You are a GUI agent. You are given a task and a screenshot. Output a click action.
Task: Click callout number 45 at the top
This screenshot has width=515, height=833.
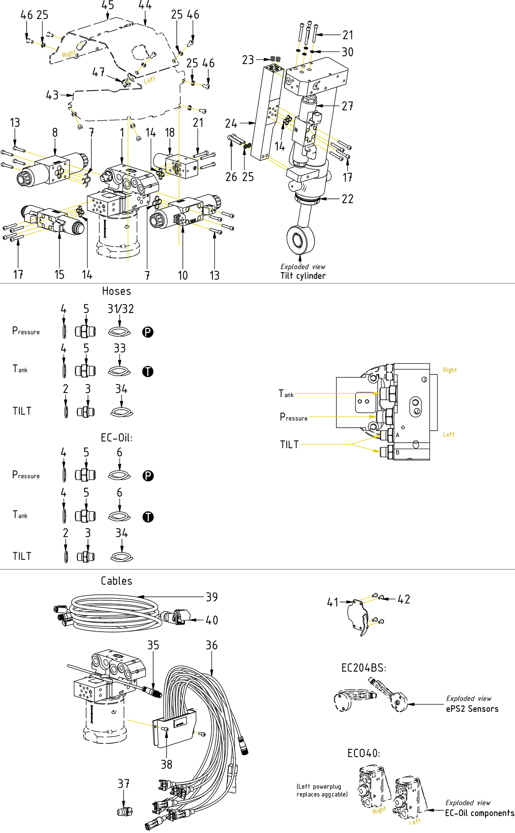(108, 6)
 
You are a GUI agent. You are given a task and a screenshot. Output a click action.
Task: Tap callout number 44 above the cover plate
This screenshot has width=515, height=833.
(145, 6)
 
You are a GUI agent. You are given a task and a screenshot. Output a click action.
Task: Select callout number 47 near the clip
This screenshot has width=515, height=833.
(98, 72)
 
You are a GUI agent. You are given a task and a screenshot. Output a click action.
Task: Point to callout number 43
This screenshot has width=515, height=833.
(52, 95)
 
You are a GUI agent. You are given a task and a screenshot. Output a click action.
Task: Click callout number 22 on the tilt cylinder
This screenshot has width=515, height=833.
(348, 199)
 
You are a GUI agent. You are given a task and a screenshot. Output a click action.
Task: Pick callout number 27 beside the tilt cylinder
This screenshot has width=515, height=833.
(348, 106)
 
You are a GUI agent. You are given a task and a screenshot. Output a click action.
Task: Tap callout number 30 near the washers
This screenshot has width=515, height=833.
(348, 52)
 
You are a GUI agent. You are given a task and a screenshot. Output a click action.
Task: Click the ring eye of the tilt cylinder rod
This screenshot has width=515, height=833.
(300, 239)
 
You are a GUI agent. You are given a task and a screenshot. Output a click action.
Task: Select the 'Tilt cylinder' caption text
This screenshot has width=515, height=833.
(303, 276)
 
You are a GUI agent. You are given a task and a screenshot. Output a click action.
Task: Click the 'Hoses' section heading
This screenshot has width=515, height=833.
(116, 291)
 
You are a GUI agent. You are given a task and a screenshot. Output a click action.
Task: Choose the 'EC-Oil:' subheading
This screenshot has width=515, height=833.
(117, 438)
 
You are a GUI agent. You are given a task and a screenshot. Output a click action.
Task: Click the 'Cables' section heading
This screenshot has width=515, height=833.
(116, 581)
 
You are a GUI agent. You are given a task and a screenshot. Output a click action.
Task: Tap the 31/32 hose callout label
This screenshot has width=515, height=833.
(121, 309)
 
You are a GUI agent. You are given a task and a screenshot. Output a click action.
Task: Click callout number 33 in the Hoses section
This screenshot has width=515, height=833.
(120, 348)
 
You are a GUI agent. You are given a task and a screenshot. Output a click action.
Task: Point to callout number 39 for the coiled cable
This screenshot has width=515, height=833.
(212, 597)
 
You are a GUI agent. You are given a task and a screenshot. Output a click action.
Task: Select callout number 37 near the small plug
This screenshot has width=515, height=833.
(124, 784)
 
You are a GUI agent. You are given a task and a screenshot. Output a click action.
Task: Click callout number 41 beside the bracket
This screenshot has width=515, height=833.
(333, 602)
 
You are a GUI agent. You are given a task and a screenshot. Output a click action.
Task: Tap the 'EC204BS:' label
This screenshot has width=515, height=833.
(364, 668)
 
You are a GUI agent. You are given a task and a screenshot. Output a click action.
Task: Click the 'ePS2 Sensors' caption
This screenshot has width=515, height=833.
(472, 709)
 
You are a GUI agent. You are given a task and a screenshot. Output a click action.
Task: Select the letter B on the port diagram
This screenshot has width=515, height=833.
(397, 452)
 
